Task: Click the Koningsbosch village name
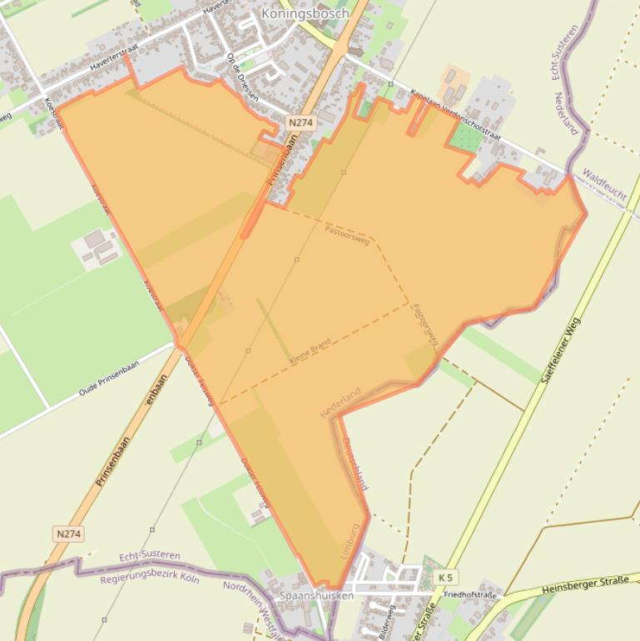click(x=295, y=14)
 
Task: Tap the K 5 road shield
click(x=446, y=577)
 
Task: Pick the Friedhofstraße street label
click(x=470, y=595)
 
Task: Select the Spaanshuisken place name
click(x=316, y=596)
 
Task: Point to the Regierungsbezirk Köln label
click(x=150, y=579)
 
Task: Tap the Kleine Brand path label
click(x=310, y=352)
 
